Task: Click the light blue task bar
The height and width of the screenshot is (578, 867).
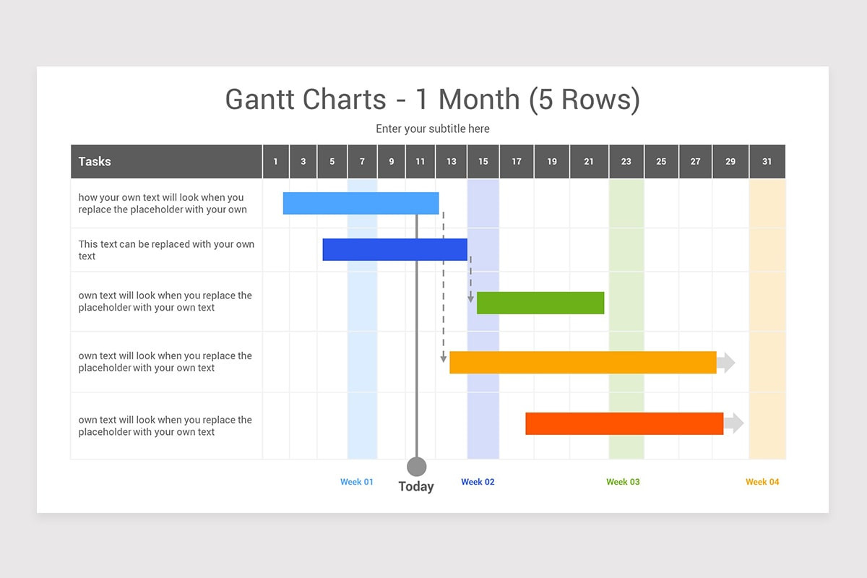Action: pyautogui.click(x=361, y=203)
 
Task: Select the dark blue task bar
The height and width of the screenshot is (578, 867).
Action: pyautogui.click(x=394, y=249)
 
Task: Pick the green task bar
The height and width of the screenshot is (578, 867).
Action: pyautogui.click(x=540, y=303)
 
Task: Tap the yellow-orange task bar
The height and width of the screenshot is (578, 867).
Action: pyautogui.click(x=583, y=363)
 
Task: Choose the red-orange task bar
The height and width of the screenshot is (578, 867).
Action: pyautogui.click(x=624, y=423)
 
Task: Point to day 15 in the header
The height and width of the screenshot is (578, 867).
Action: pyautogui.click(x=483, y=161)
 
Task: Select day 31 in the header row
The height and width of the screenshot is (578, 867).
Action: pyautogui.click(x=767, y=161)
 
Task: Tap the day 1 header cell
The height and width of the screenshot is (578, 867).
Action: pyautogui.click(x=275, y=161)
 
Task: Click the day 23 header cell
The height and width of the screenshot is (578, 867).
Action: pyautogui.click(x=626, y=161)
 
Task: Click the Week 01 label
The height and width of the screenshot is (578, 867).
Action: pyautogui.click(x=356, y=482)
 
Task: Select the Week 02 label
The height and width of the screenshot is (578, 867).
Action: pyautogui.click(x=478, y=482)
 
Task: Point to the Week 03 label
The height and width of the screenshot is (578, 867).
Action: pyautogui.click(x=623, y=482)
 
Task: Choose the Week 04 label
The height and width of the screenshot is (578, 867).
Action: pyautogui.click(x=762, y=482)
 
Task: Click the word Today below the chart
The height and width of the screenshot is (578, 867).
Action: pyautogui.click(x=416, y=487)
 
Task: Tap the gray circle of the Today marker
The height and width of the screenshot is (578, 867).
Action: pyautogui.click(x=416, y=467)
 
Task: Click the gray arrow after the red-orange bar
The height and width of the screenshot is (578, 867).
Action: pyautogui.click(x=734, y=423)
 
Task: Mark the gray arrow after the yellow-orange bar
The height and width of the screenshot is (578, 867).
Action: pyautogui.click(x=726, y=363)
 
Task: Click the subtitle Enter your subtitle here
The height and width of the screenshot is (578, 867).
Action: pyautogui.click(x=433, y=129)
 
